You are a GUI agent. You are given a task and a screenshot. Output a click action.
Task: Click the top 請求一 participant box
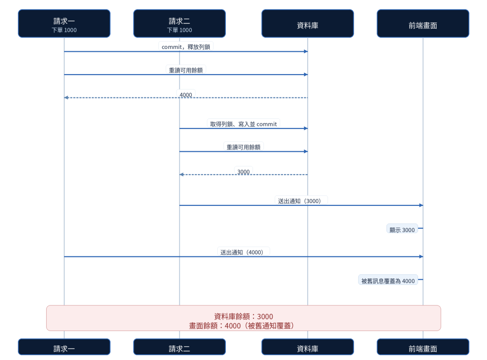click(x=64, y=24)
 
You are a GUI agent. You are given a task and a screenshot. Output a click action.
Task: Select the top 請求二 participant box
click(x=179, y=24)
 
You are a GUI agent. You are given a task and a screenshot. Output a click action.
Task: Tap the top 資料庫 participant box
click(x=308, y=24)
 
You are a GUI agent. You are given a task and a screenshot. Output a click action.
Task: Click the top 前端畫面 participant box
click(x=423, y=24)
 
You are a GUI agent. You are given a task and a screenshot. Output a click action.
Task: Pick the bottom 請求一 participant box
click(x=64, y=347)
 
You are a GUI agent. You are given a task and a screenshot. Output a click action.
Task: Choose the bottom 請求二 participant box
click(x=179, y=347)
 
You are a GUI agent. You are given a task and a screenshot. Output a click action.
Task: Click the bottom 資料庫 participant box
click(x=308, y=347)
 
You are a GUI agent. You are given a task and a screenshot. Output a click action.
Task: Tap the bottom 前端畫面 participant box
click(x=423, y=347)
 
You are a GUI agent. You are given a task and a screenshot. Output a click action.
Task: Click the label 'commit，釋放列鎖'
click(x=186, y=47)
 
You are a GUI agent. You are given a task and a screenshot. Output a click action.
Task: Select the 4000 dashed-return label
click(x=186, y=95)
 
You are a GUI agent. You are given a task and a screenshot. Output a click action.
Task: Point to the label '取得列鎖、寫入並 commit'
click(x=243, y=124)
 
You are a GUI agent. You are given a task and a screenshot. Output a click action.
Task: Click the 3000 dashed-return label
click(x=243, y=172)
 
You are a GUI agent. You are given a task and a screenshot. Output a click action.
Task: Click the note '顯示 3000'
click(x=402, y=230)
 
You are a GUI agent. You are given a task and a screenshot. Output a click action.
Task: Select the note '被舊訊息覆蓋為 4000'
click(x=388, y=281)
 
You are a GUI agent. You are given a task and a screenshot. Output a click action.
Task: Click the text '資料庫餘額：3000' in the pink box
click(x=243, y=317)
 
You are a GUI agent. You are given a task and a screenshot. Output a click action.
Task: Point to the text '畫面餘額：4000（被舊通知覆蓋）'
click(x=242, y=326)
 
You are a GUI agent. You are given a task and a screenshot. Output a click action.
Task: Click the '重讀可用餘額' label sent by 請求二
click(x=243, y=147)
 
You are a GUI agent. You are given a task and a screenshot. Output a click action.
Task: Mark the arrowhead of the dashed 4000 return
click(x=66, y=97)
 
